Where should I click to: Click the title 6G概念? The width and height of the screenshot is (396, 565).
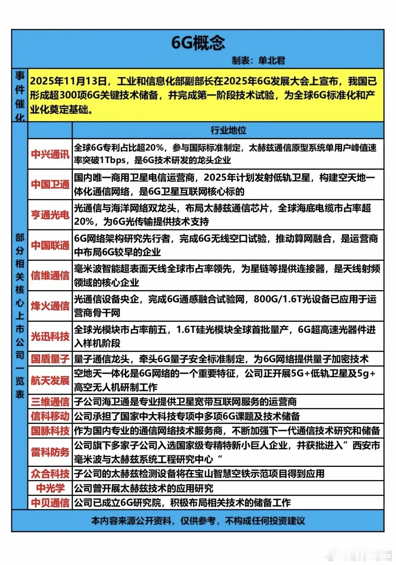pos(198,43)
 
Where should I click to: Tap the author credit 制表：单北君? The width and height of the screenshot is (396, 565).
pos(258,61)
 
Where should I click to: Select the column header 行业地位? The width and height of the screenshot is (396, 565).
pos(228,130)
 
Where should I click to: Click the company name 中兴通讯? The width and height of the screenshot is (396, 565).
pos(50,154)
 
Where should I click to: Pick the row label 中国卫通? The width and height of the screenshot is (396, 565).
pos(50,184)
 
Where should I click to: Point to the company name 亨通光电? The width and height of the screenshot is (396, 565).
pos(50,215)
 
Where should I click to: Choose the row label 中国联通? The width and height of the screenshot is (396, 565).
pos(50,245)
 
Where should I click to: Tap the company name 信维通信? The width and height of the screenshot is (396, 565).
pos(50,276)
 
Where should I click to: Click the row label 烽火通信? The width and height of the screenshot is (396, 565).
pos(50,306)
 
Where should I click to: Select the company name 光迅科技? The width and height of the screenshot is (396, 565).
pos(50,337)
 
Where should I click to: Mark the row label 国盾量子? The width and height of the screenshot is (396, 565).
pos(50,359)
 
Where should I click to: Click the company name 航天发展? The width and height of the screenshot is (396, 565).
pos(50,381)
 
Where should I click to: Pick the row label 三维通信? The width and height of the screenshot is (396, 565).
pos(50,402)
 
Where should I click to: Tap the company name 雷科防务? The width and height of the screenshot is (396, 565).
pos(50,452)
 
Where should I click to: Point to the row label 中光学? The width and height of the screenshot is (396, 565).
pos(50,488)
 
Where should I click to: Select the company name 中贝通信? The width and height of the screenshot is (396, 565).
pos(50,503)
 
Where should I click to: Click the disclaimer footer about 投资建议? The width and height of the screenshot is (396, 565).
pos(198,521)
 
